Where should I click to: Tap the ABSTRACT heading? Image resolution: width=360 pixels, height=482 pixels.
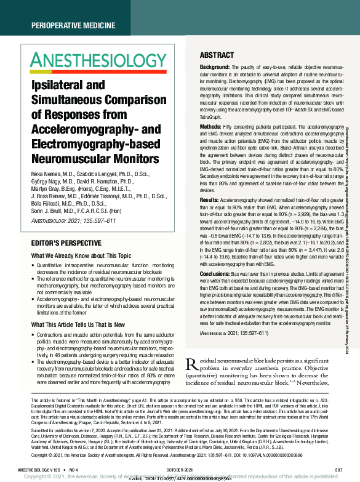tap(217, 55)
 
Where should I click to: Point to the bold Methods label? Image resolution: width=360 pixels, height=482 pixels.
tap(210, 126)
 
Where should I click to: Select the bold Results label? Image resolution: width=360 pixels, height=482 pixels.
tap(209, 200)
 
